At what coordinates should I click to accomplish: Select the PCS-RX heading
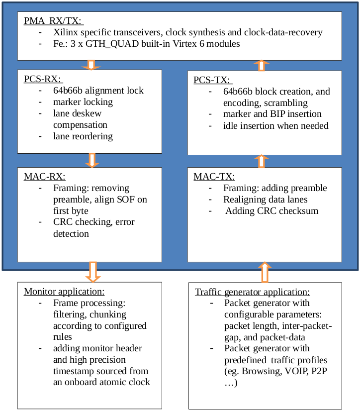[x=42, y=79]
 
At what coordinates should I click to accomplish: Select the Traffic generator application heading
[x=252, y=292]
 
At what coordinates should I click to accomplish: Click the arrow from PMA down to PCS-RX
[x=91, y=65]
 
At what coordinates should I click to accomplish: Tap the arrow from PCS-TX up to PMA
[x=263, y=65]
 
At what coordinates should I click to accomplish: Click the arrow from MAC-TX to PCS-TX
[x=263, y=161]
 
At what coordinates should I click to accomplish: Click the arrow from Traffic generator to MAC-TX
[x=264, y=273]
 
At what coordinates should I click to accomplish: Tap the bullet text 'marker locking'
[x=83, y=102]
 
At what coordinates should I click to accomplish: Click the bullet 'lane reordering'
[x=83, y=136]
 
